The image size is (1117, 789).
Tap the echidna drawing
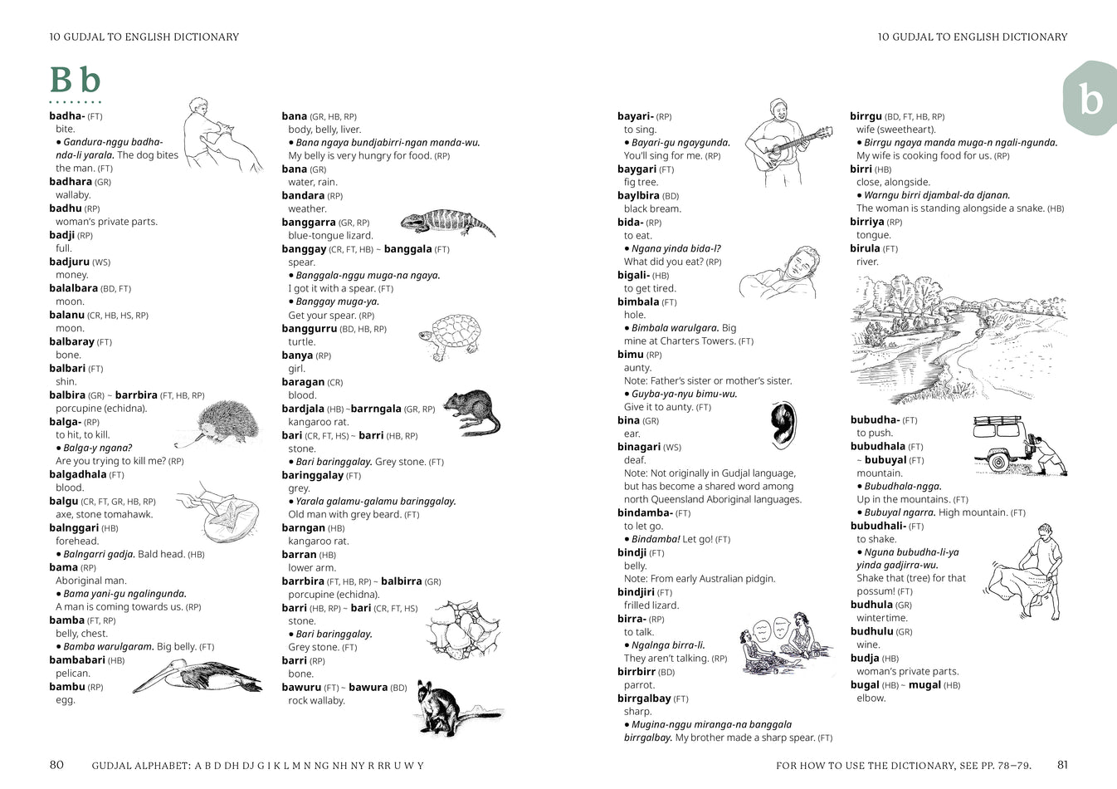coord(224,422)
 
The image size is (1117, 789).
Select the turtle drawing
coord(451,336)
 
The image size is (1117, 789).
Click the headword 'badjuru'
coord(69,262)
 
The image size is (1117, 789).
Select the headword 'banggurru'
coord(309,329)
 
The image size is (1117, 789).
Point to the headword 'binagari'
coord(638,447)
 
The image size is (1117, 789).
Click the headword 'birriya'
coord(866,222)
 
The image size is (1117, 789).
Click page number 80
coord(56,765)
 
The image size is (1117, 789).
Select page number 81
coord(1062,765)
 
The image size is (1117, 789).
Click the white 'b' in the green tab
coord(1090,100)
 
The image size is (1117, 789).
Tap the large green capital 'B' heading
coord(61,81)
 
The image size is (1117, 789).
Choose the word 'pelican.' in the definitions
coord(73,674)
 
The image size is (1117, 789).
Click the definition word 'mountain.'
coord(880,473)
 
